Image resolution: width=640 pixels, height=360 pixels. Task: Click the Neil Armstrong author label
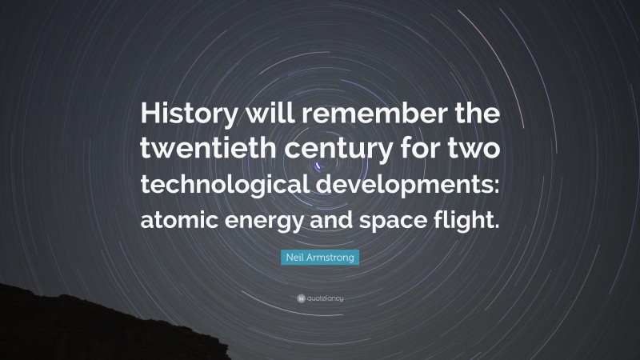pos(320,257)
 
